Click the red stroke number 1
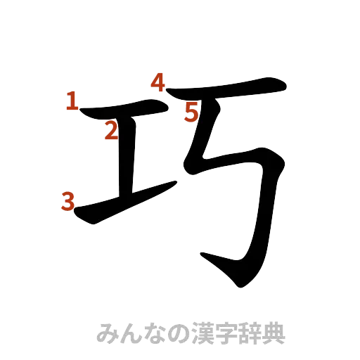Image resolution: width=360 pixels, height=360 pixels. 70,103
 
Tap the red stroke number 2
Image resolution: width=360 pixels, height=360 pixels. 111,130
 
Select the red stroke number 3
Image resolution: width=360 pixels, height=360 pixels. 68,202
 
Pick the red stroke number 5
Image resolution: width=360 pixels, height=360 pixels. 192,111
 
